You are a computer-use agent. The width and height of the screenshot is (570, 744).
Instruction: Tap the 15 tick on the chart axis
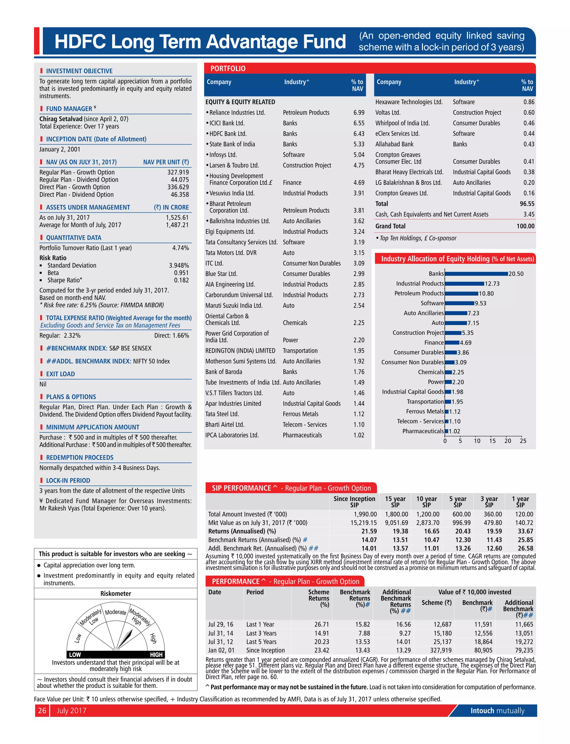[492, 441]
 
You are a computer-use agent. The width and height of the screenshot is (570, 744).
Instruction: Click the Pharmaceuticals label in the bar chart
[423, 431]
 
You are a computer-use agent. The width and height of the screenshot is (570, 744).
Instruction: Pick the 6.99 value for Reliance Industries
[359, 112]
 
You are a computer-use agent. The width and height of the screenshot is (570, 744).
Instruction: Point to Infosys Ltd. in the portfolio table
[223, 155]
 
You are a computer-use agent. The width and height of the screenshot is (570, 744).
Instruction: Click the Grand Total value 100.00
[525, 226]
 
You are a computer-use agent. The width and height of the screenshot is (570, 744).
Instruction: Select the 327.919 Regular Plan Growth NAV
[178, 172]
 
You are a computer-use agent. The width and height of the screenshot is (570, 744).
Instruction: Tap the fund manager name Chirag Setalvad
[61, 119]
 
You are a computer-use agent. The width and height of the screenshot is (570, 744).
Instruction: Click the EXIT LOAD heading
[60, 374]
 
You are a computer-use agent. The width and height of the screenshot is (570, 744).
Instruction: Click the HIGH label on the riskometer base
[156, 655]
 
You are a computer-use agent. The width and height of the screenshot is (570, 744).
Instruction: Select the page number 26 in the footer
[42, 710]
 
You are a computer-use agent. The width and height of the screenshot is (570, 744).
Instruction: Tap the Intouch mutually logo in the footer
[497, 710]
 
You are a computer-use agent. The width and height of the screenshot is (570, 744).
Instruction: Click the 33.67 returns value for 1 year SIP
[525, 531]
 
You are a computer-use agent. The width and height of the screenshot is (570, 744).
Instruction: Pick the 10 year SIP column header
[426, 501]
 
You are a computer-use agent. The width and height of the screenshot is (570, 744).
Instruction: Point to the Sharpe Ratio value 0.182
[181, 280]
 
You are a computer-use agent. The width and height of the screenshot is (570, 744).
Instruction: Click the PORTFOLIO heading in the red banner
[228, 68]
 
